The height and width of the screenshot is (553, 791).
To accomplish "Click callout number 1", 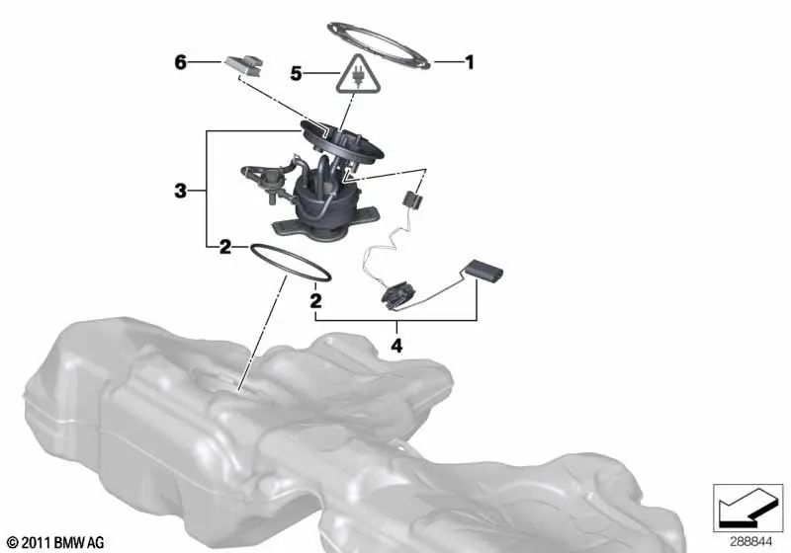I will click(x=470, y=62).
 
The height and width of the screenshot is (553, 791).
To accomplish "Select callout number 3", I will click(x=180, y=190).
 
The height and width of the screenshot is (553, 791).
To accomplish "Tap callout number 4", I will click(x=396, y=346).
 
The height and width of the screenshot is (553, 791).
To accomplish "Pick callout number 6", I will click(x=180, y=62).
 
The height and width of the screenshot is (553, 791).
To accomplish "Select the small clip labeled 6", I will click(x=245, y=65).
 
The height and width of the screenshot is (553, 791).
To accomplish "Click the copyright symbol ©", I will click(x=12, y=542).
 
